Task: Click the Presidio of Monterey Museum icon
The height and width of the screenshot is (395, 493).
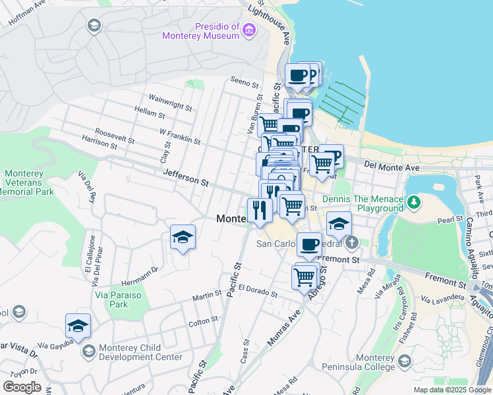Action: [248, 30]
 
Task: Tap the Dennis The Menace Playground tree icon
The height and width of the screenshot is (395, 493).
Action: [413, 201]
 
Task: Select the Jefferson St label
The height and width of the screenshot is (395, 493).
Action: [186, 176]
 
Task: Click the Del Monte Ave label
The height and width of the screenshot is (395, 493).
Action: [391, 168]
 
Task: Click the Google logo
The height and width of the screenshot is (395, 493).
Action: [22, 386]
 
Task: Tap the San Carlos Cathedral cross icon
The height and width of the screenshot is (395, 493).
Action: [352, 243]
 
